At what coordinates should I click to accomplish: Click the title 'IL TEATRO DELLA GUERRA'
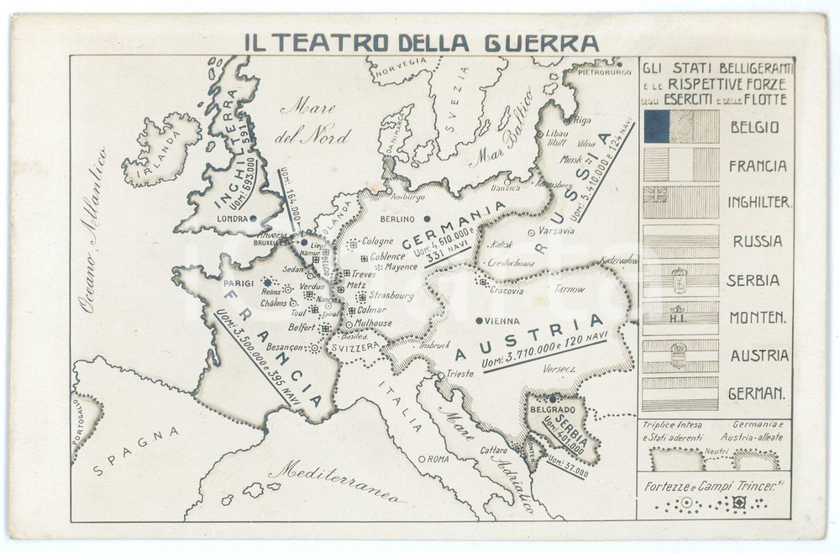pyautogui.click(x=422, y=43)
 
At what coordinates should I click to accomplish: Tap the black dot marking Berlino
pyautogui.click(x=427, y=219)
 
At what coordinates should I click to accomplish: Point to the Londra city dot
pyautogui.click(x=253, y=219)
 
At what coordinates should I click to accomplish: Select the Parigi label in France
pyautogui.click(x=238, y=283)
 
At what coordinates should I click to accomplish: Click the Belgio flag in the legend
pyautogui.click(x=680, y=127)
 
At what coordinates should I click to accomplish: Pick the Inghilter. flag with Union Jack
pyautogui.click(x=680, y=202)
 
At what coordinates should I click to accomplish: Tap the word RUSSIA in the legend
pyautogui.click(x=757, y=241)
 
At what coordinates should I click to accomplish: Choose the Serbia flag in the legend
pyautogui.click(x=680, y=280)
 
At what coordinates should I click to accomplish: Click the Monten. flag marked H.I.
pyautogui.click(x=680, y=318)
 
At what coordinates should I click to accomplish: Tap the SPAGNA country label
pyautogui.click(x=136, y=450)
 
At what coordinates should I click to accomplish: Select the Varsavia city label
pyautogui.click(x=556, y=230)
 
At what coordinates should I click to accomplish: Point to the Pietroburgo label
pyautogui.click(x=604, y=72)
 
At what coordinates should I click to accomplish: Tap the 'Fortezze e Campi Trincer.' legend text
pyautogui.click(x=713, y=486)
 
